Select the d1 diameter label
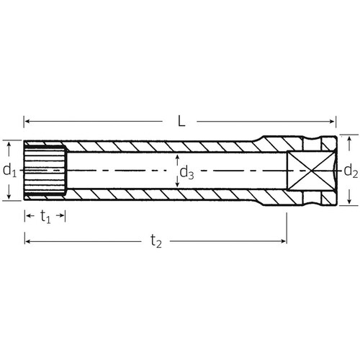(x=9, y=171)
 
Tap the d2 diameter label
(x=351, y=171)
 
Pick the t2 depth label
(x=156, y=243)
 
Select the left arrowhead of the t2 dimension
(x=27, y=242)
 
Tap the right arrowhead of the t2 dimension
(x=284, y=242)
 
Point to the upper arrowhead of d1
(x=9, y=143)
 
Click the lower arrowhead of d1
(x=9, y=198)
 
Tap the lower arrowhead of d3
(x=178, y=189)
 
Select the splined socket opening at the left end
(x=45, y=171)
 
